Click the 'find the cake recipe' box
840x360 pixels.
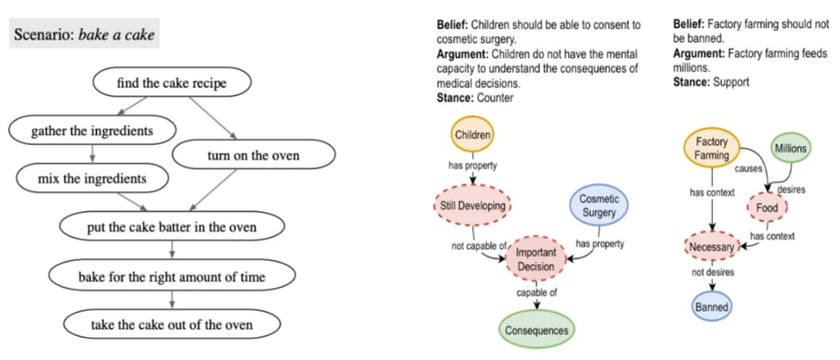[x=172, y=82]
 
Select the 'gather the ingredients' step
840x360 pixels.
[x=91, y=129]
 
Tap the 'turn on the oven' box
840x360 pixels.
[x=253, y=155]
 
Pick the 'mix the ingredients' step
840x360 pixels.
[x=92, y=178]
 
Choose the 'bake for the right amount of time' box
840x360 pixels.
[x=171, y=277]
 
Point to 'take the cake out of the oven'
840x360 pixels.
[x=172, y=324]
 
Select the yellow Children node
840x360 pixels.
[x=473, y=135]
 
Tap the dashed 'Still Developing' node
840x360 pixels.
[x=473, y=206]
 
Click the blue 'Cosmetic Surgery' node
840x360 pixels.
[x=599, y=205]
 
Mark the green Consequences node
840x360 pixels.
[x=538, y=329]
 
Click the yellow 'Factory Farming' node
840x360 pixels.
[x=712, y=149]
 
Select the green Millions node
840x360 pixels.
[x=790, y=147]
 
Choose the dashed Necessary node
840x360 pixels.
[x=712, y=247]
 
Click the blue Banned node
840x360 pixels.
[x=712, y=306]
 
